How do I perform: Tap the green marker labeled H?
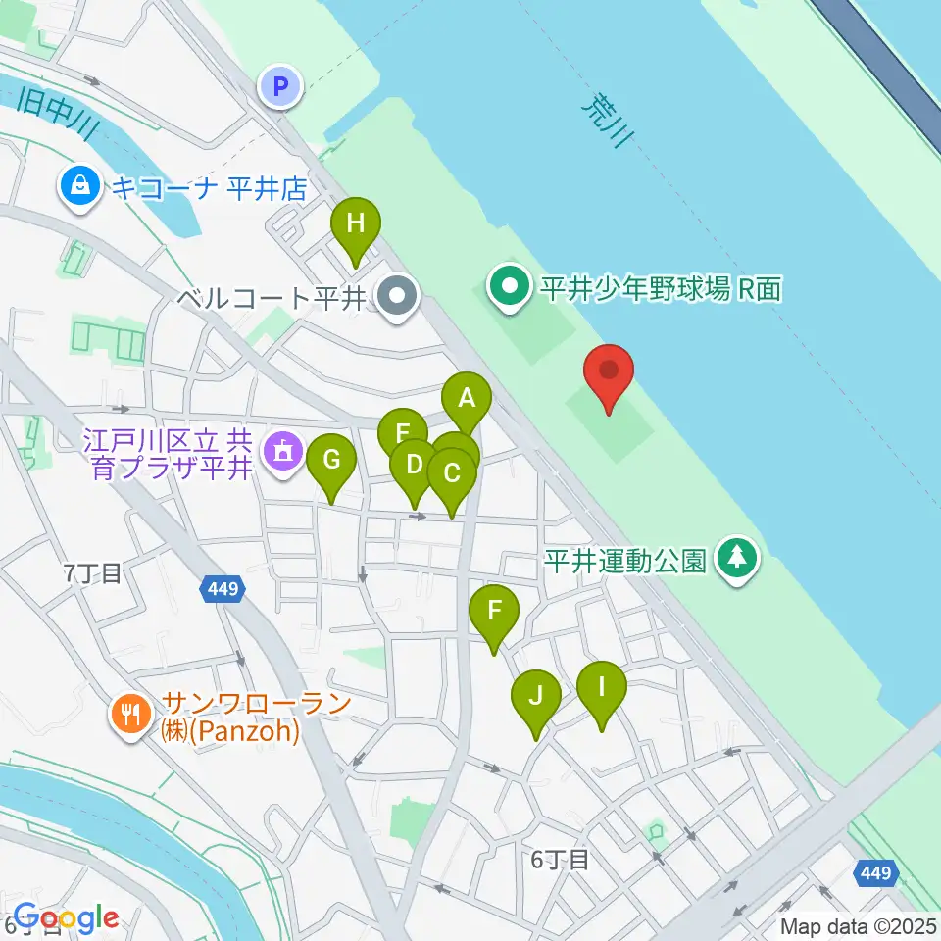pyautogui.click(x=356, y=224)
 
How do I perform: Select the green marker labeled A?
pyautogui.click(x=467, y=400)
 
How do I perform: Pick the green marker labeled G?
pyautogui.click(x=331, y=460)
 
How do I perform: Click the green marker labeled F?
pyautogui.click(x=494, y=613)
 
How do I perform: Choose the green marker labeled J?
pyautogui.click(x=535, y=697)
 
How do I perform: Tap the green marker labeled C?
pyautogui.click(x=452, y=474)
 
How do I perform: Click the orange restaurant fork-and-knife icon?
pyautogui.click(x=130, y=713)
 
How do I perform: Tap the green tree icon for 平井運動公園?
pyautogui.click(x=738, y=559)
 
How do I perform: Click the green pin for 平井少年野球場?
pyautogui.click(x=510, y=288)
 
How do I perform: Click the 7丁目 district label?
pyautogui.click(x=93, y=573)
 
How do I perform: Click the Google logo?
pyautogui.click(x=66, y=918)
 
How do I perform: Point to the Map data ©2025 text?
pyautogui.click(x=859, y=926)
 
